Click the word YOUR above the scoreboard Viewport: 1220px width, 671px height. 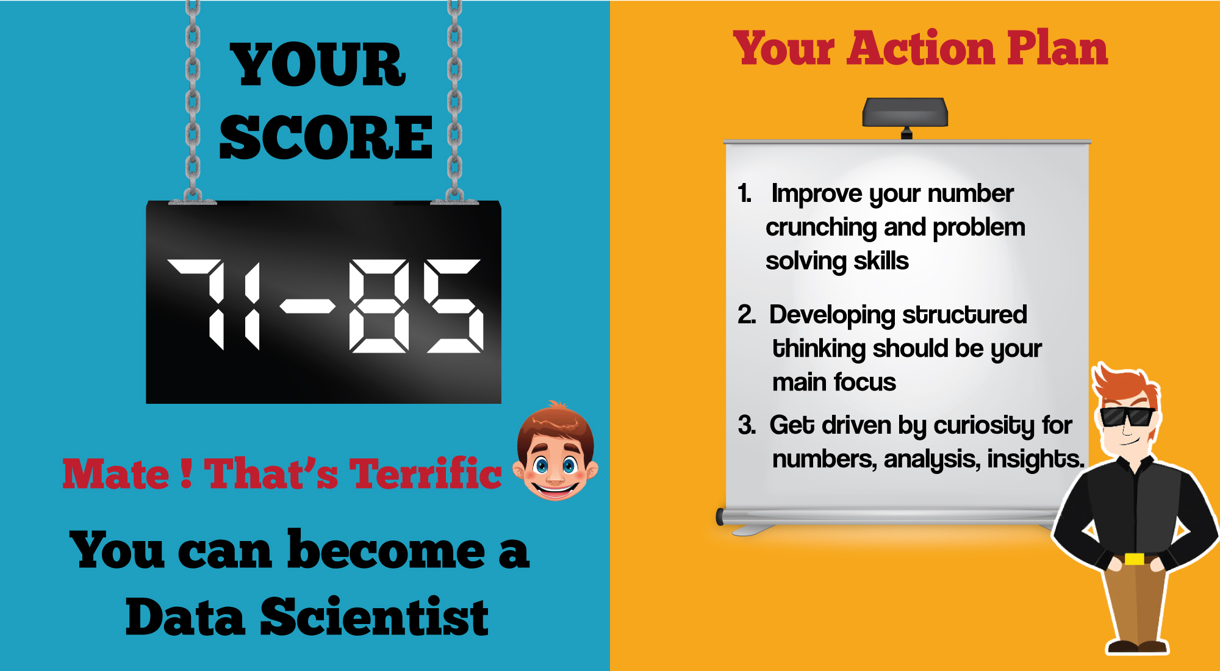pos(318,65)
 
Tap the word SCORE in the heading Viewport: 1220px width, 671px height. pos(326,138)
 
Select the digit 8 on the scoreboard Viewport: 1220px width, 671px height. pos(379,306)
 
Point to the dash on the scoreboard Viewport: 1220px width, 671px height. pos(308,306)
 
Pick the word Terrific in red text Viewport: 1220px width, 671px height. pos(426,473)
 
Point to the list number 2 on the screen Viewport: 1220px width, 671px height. pos(747,315)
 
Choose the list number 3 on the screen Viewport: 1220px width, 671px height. pos(747,425)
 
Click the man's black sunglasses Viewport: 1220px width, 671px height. pos(1127,417)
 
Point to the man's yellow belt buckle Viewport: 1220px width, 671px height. pos(1134,559)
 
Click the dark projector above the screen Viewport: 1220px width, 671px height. pos(905,113)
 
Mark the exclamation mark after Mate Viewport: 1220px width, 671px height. pos(187,473)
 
